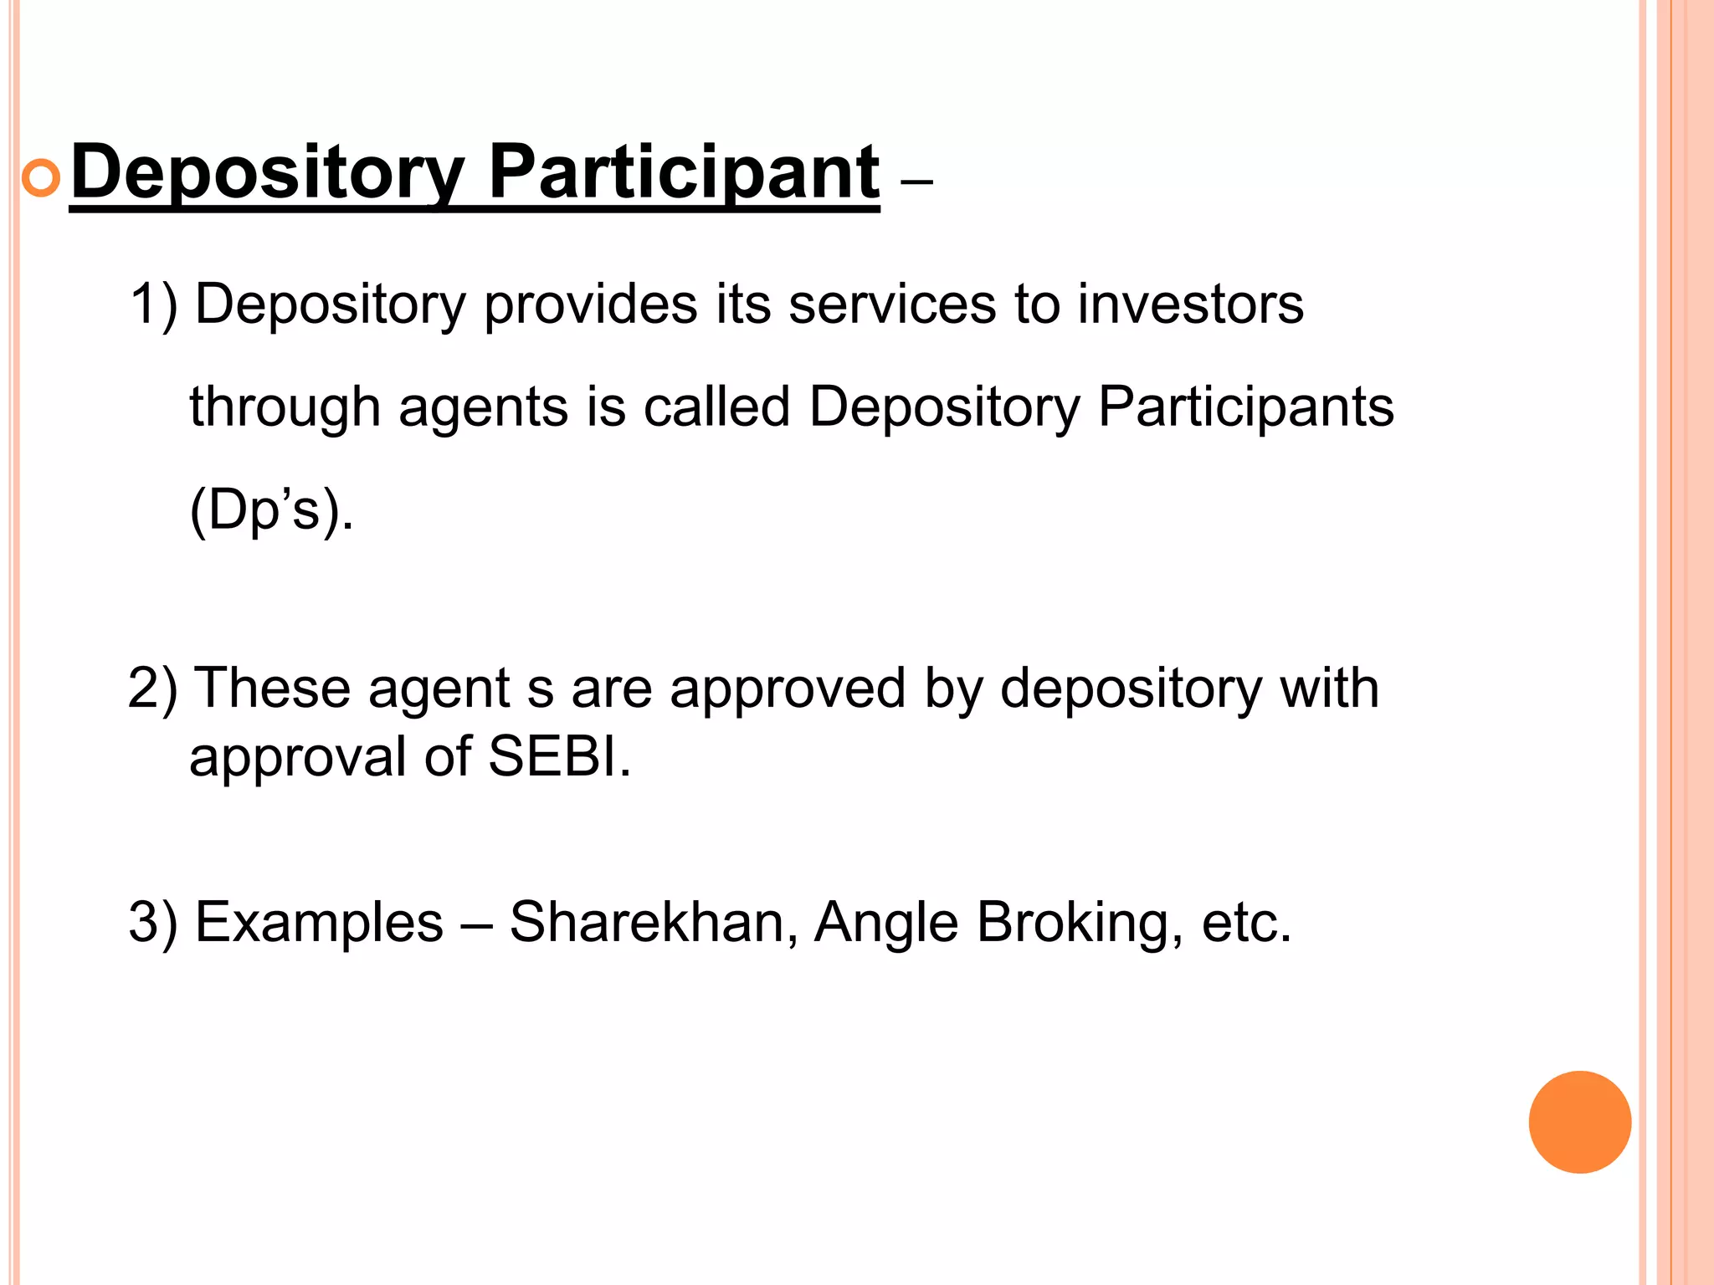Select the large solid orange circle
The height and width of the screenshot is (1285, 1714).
coord(1579,1122)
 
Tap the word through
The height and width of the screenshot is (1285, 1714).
coord(285,407)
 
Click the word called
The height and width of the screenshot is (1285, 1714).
coord(716,407)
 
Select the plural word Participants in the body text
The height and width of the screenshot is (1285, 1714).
coord(1245,407)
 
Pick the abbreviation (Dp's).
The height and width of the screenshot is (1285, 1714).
coord(271,509)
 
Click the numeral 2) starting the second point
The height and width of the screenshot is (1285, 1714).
coord(152,689)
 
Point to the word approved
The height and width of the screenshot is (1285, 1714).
coord(788,689)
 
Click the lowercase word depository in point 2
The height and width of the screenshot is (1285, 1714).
coord(1131,689)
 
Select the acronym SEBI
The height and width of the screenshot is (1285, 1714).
coord(559,757)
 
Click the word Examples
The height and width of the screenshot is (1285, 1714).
coord(319,922)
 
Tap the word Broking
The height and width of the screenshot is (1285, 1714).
coord(1080,922)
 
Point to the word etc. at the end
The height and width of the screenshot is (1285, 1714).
coord(1247,922)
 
